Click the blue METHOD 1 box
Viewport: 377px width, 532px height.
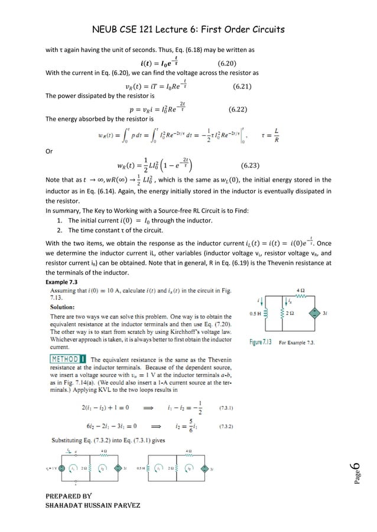67,359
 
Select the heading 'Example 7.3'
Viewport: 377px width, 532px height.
61,283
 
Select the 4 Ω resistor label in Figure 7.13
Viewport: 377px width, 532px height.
300,290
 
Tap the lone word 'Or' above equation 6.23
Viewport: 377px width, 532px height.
49,151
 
